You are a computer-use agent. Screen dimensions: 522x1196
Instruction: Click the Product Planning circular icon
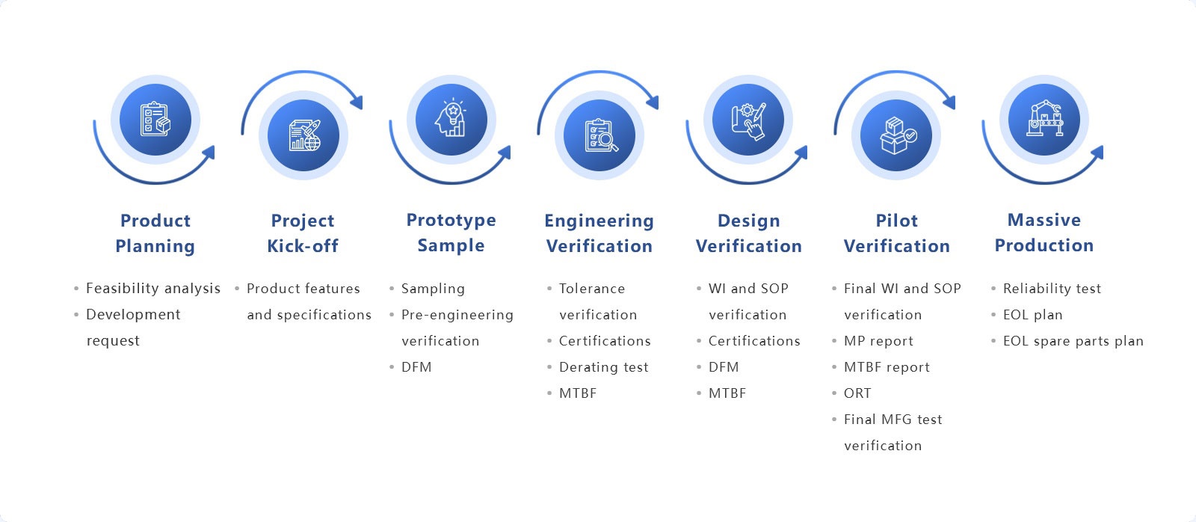155,120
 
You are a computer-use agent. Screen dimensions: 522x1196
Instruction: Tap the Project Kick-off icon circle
303,135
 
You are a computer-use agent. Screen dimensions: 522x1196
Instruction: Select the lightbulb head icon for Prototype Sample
451,120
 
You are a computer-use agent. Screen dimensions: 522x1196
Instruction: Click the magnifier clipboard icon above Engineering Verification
599,135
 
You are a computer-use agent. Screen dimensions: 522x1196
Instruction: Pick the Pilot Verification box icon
896,135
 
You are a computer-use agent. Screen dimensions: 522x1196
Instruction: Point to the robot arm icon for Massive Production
1044,120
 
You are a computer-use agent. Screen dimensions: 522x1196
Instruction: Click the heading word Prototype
451,220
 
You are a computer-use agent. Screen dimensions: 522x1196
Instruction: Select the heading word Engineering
599,221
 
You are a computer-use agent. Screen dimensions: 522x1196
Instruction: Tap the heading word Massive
1044,220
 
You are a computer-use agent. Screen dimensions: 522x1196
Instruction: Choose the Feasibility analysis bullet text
153,289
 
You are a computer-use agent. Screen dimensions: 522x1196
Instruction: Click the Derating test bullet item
603,367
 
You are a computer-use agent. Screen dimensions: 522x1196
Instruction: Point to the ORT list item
857,393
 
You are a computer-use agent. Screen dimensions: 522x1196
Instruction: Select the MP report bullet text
878,341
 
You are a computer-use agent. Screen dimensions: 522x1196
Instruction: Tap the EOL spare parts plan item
1073,341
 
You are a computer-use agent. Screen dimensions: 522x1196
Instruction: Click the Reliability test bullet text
1052,289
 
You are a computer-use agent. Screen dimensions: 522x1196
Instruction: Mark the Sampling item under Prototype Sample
433,289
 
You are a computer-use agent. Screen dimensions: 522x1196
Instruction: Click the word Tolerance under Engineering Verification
591,289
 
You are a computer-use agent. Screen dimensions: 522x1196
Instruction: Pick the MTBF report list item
887,367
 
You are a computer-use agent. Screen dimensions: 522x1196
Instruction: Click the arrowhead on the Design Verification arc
801,153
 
